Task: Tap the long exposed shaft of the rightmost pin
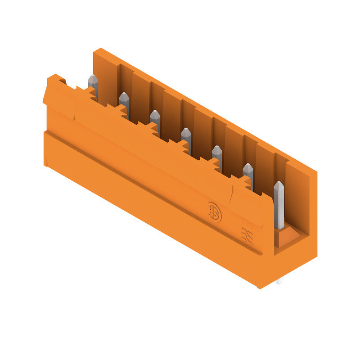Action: click(x=279, y=207)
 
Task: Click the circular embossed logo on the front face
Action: click(x=215, y=212)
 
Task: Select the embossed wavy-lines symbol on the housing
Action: click(x=247, y=235)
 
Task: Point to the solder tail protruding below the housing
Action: click(x=279, y=282)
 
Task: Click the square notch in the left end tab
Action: click(x=62, y=81)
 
